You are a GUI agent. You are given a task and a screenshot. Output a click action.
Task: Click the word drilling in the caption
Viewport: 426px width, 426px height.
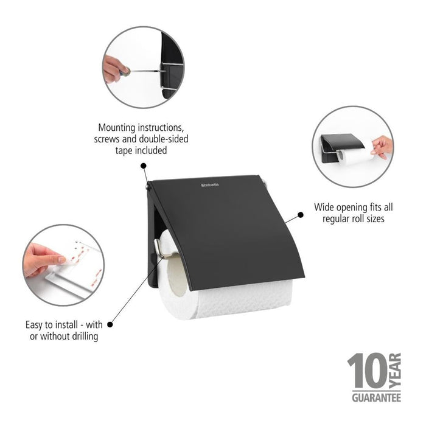83,336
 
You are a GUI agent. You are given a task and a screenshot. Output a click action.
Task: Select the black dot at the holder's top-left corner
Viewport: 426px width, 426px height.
144,165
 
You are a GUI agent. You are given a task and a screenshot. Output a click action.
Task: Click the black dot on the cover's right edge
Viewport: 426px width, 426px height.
301,215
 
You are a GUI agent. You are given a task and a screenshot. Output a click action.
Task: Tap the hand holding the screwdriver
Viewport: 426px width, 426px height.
113,68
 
